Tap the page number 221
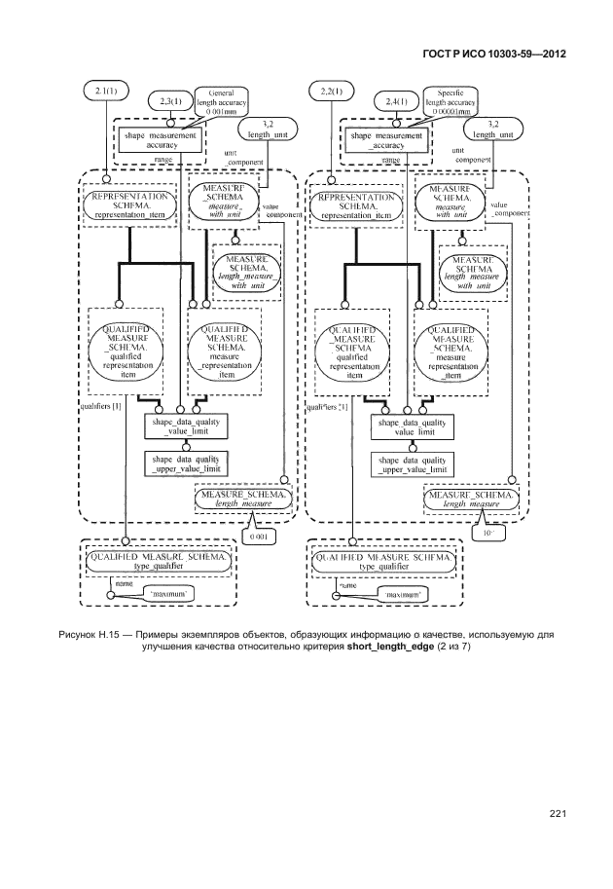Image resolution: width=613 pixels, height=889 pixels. (557, 813)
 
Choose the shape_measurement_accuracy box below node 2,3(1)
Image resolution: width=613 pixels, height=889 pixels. (162, 140)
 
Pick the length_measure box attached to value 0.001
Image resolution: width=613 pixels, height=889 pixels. (242, 499)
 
